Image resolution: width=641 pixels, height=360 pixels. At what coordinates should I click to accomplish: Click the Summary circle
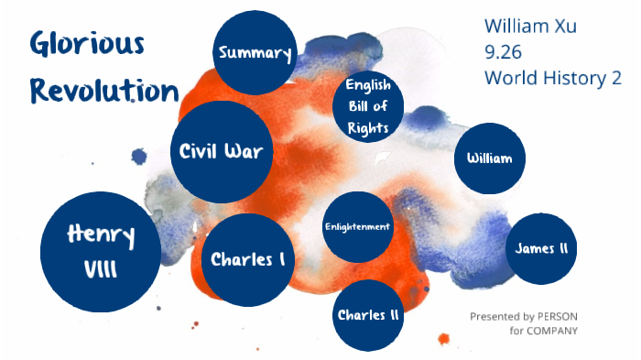pyautogui.click(x=255, y=53)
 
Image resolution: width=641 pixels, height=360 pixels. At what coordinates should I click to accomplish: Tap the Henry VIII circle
pyautogui.click(x=101, y=251)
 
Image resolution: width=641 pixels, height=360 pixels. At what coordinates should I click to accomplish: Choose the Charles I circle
pyautogui.click(x=247, y=259)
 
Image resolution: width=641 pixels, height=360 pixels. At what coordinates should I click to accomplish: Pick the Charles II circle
pyautogui.click(x=367, y=315)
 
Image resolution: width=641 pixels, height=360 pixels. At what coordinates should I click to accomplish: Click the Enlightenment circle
pyautogui.click(x=357, y=226)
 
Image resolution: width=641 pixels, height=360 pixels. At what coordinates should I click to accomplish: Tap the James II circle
pyautogui.click(x=540, y=249)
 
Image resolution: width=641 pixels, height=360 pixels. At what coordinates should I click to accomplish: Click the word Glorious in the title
pyautogui.click(x=86, y=42)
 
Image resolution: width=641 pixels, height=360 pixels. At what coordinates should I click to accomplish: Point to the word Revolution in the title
pyautogui.click(x=103, y=91)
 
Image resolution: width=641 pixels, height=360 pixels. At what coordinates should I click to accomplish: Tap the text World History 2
pyautogui.click(x=553, y=78)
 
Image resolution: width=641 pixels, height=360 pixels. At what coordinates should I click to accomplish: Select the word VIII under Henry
pyautogui.click(x=100, y=270)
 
